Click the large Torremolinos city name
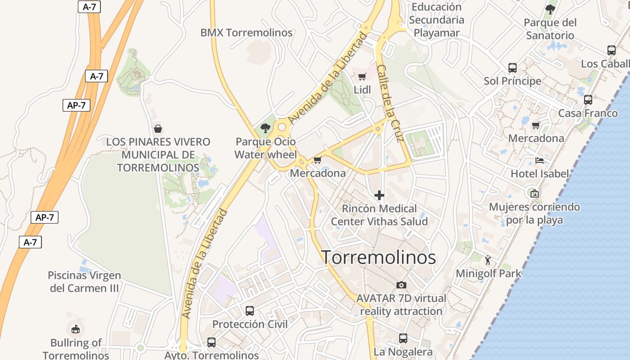coord(378,257)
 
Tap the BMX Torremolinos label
coord(246,33)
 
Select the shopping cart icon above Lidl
coord(362,76)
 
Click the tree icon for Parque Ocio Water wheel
coord(265,128)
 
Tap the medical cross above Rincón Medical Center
coord(379,195)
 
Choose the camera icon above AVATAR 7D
coord(401,285)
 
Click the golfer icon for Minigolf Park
coord(488,260)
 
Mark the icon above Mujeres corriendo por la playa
coord(534,193)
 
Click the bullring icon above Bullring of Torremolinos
coord(76,328)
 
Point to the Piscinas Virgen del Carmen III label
coord(84,282)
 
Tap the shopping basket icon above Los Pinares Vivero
coord(158,129)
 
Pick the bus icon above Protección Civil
coord(250,310)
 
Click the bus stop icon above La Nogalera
coord(403,338)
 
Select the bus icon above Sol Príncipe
coord(512,68)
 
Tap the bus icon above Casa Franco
coord(588,100)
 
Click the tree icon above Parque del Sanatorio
coord(550,9)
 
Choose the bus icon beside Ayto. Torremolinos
coord(211,342)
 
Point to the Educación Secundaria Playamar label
coord(436,20)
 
